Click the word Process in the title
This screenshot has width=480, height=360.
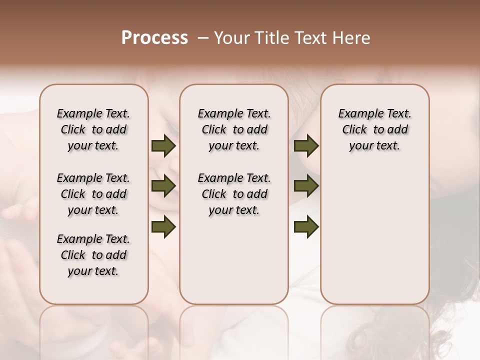click(154, 38)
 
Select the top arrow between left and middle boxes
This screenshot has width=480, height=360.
click(163, 145)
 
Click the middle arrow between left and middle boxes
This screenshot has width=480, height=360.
click(163, 186)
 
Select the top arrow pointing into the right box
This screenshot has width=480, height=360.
click(306, 145)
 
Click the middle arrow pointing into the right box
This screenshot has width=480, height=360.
click(306, 186)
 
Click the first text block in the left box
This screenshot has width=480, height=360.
click(93, 129)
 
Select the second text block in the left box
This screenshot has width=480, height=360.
click(93, 194)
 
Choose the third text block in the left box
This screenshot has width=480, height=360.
click(93, 255)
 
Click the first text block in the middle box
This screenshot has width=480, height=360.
click(234, 129)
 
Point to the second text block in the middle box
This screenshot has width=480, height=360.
click(234, 194)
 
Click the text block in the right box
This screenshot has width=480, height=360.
click(375, 129)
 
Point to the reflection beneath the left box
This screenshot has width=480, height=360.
click(94, 330)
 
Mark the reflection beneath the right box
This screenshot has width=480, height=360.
click(375, 330)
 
